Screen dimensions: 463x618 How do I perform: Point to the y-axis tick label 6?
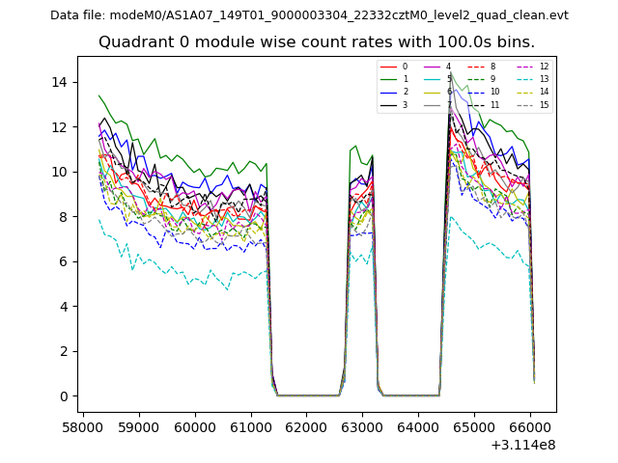tap(63, 261)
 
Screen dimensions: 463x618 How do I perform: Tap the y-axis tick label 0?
tap(63, 396)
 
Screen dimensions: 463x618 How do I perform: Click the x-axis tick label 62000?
tap(307, 424)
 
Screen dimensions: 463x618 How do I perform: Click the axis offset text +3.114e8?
tap(521, 444)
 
